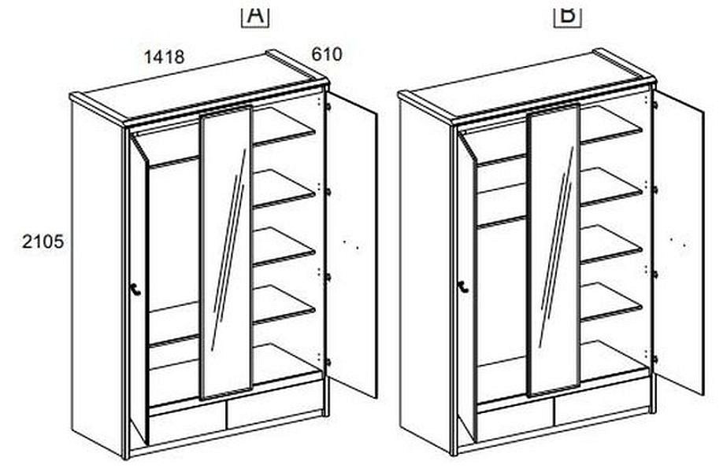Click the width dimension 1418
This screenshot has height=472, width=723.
pos(165,57)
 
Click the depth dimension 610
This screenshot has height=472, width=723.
pos(327,54)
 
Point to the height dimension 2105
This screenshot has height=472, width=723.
pos(43,242)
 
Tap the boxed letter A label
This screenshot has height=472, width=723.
pos(255,15)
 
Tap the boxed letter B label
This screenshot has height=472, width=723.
pos(568,15)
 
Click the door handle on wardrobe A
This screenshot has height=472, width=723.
pos(135,290)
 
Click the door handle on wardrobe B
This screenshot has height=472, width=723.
pos(463,287)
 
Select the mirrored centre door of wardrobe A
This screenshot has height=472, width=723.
pos(226,253)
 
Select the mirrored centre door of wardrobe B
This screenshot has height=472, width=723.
pos(554,250)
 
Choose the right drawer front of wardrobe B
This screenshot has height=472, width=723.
pos(602,406)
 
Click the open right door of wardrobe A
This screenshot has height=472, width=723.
pos(351,244)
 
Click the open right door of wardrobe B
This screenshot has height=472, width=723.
pos(679,242)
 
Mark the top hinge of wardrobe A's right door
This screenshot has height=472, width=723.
pos(328,106)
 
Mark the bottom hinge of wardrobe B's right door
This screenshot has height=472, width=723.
pos(654,360)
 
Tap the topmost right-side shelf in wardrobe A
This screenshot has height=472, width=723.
pos(284,131)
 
